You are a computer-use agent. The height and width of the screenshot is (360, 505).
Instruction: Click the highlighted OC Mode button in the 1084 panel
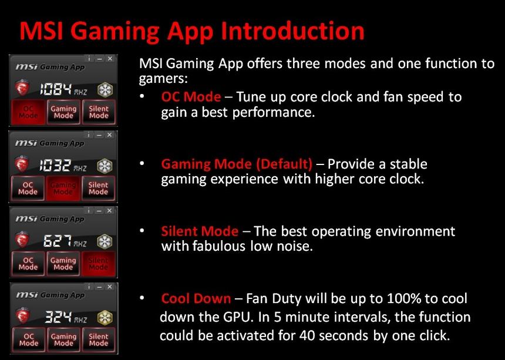pos(28,112)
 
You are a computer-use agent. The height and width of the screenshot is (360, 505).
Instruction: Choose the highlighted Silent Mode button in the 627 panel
pos(98,264)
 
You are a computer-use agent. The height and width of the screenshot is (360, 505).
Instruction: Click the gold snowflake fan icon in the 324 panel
pos(105,318)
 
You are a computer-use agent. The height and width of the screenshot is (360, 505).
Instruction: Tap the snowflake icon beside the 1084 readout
pos(105,89)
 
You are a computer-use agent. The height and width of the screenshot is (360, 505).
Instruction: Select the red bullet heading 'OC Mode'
pos(191,97)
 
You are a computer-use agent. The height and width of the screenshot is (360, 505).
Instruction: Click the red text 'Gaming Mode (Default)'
pos(237,164)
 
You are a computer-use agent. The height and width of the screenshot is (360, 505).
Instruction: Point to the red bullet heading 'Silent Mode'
pos(200,231)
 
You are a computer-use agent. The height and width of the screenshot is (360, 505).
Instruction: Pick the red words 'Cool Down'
pos(196,298)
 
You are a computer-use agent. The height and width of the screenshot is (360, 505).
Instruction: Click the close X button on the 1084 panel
pos(111,59)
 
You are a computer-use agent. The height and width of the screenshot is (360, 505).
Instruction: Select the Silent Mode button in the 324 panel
pos(98,340)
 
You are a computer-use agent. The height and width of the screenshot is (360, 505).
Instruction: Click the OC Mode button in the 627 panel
pos(28,264)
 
